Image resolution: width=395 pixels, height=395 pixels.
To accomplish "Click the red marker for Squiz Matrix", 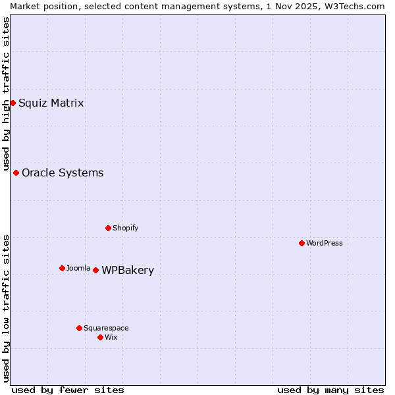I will click(x=13, y=103).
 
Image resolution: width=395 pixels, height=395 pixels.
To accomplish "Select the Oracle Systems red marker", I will click(x=16, y=172).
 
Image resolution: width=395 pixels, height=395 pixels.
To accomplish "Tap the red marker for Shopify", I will click(x=108, y=228).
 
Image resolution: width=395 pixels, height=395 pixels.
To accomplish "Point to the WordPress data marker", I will click(x=302, y=243).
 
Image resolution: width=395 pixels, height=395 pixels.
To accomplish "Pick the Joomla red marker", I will click(x=62, y=268).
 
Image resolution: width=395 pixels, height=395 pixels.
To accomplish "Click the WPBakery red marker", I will click(x=95, y=270).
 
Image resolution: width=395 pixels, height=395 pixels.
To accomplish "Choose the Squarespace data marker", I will click(x=79, y=328).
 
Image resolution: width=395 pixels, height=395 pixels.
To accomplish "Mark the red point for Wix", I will click(x=100, y=337).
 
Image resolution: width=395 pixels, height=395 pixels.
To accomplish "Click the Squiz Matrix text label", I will click(x=51, y=103).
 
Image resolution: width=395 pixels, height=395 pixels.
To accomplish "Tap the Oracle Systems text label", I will click(x=63, y=172).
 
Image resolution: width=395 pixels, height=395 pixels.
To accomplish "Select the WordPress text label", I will click(x=325, y=243).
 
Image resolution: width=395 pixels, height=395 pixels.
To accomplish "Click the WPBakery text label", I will click(x=128, y=270).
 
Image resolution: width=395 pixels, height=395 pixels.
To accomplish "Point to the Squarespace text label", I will click(x=106, y=328).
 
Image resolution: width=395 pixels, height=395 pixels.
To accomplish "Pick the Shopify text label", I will click(x=125, y=228).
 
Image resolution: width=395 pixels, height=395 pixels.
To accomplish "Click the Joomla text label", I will click(x=78, y=268).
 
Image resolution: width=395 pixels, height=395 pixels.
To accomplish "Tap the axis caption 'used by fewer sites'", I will click(x=68, y=390).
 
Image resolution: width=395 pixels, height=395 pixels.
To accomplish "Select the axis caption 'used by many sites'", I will click(x=330, y=390).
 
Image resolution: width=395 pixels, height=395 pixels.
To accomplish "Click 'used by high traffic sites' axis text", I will click(x=6, y=94).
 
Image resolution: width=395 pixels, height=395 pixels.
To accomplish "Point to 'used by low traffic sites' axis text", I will click(x=6, y=308).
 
